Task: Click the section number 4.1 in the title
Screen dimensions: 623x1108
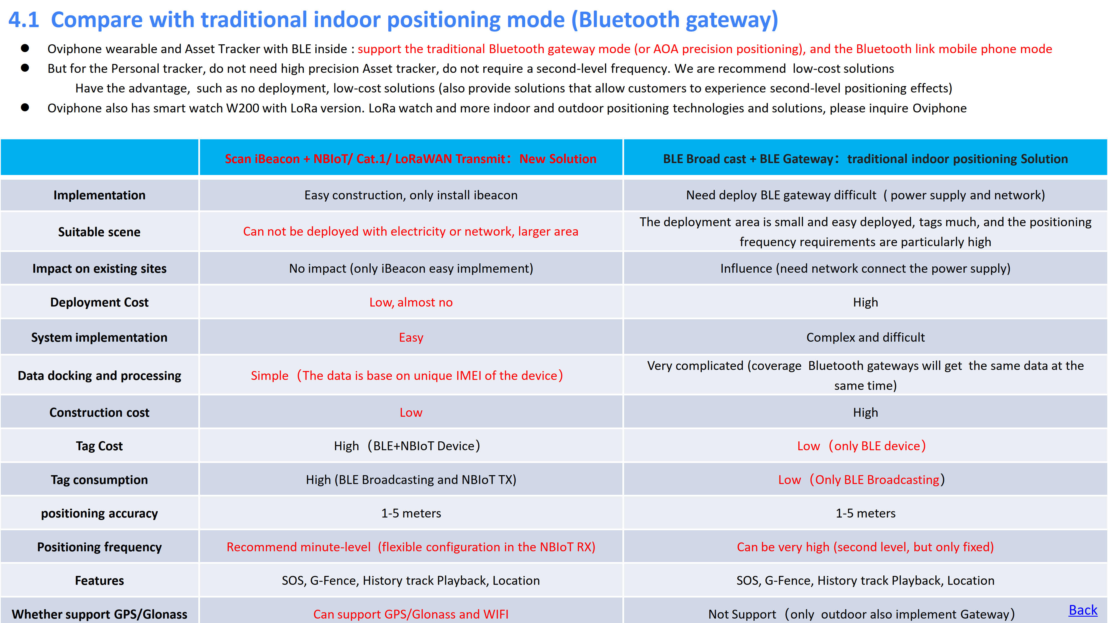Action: (24, 20)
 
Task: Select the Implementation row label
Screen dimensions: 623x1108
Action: (99, 195)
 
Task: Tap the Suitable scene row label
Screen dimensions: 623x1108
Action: (99, 232)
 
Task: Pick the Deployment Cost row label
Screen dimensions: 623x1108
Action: (99, 302)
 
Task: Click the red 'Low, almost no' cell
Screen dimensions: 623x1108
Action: (411, 302)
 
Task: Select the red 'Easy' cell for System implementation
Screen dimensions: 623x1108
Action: (411, 338)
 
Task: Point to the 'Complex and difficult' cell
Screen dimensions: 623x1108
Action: (865, 338)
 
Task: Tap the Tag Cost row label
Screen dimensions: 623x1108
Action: (99, 446)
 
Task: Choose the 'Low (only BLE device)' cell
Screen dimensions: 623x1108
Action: (861, 446)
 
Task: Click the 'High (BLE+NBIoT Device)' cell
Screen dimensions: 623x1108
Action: (407, 446)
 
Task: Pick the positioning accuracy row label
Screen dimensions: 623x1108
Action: (99, 513)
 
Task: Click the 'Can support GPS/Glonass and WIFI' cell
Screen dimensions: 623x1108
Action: (411, 614)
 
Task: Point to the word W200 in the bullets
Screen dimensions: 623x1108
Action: (243, 108)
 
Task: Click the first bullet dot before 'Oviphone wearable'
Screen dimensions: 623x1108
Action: (25, 48)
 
